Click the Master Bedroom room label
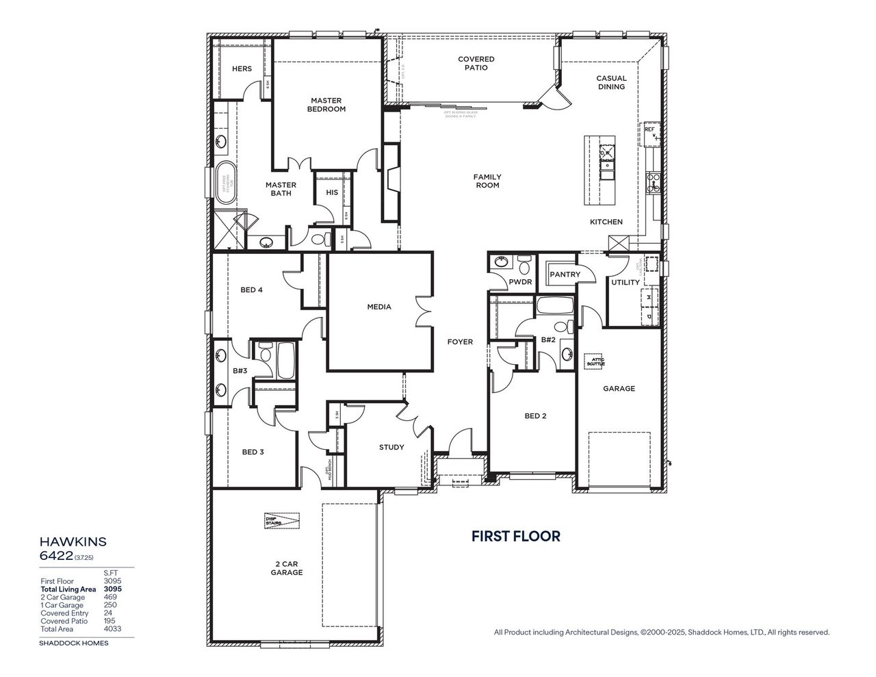pyautogui.click(x=326, y=105)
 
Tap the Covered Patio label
pyautogui.click(x=476, y=64)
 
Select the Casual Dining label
pyautogui.click(x=611, y=82)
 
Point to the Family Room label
pyautogui.click(x=487, y=181)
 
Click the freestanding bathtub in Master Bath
pyautogui.click(x=225, y=181)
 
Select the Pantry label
pyautogui.click(x=565, y=274)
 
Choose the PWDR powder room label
pyautogui.click(x=520, y=282)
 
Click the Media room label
pyautogui.click(x=379, y=307)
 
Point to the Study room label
pyautogui.click(x=391, y=447)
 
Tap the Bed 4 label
pyautogui.click(x=252, y=290)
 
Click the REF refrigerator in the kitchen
pyautogui.click(x=651, y=133)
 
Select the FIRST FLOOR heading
pyautogui.click(x=515, y=536)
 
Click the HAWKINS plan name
pyautogui.click(x=73, y=541)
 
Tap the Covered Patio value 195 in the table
pyautogui.click(x=110, y=620)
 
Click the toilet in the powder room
pyautogui.click(x=524, y=264)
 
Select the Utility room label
pyautogui.click(x=626, y=282)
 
